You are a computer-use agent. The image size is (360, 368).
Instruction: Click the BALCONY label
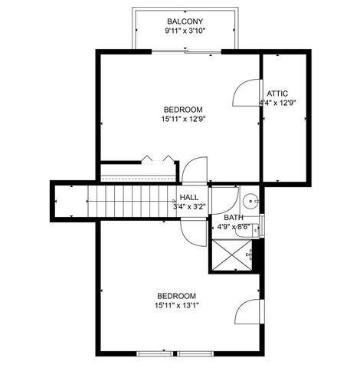tap(184, 21)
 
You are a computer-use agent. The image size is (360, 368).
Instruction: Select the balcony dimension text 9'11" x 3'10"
tap(184, 31)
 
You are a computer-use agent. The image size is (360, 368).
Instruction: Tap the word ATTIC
tap(277, 93)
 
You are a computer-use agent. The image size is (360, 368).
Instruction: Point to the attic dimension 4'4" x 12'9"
tap(277, 103)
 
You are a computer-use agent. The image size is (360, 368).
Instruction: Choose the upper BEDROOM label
tap(182, 109)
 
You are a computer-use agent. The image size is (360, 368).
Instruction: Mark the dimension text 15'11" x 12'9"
tap(182, 119)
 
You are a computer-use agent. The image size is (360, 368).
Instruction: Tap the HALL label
tap(189, 197)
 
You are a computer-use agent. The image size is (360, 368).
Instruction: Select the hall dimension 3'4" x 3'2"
tap(189, 206)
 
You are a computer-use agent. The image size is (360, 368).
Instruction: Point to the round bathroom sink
tap(250, 202)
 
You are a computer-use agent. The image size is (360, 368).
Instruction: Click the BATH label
tap(234, 217)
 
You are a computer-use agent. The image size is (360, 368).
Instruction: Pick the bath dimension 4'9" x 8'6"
tap(234, 227)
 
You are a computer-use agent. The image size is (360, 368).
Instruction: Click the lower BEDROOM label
tap(177, 296)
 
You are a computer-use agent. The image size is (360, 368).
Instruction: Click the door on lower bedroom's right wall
tap(250, 314)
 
